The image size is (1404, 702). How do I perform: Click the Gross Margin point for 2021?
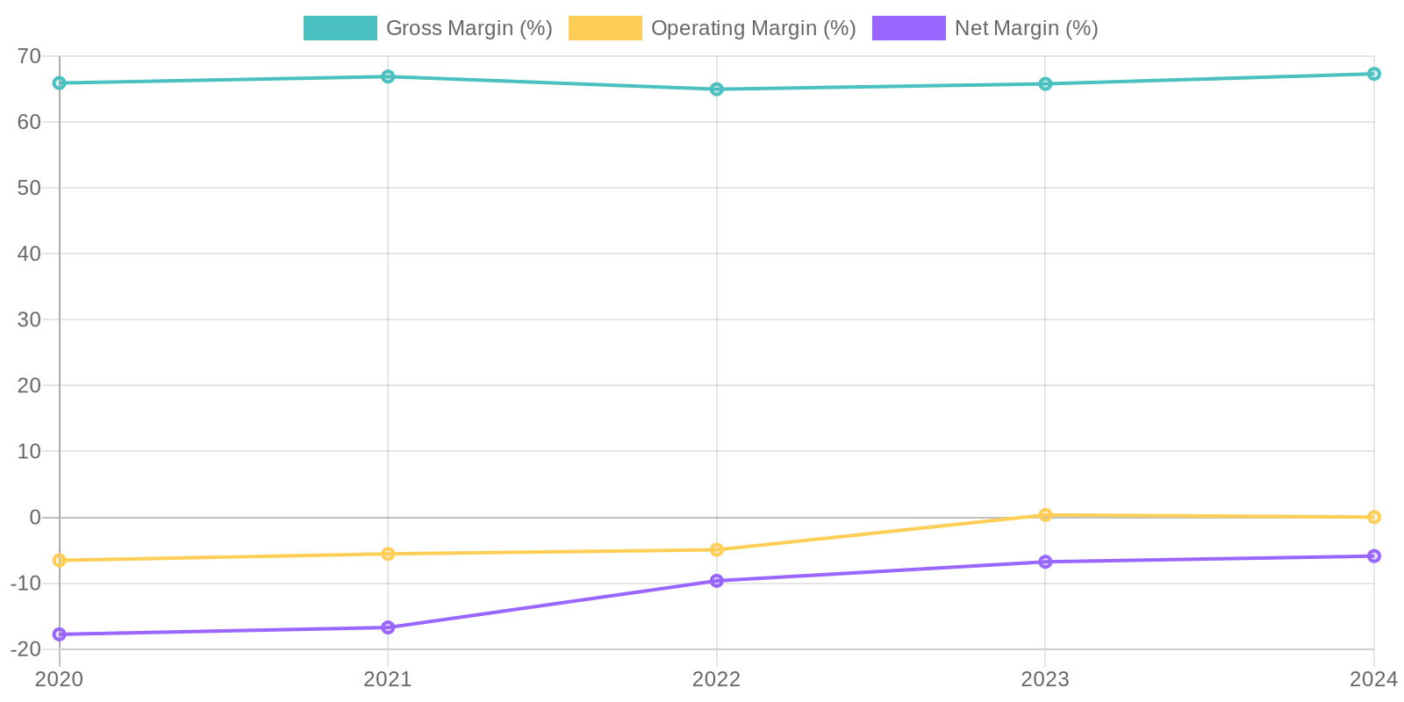(388, 76)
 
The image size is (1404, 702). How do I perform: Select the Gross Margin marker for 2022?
(717, 89)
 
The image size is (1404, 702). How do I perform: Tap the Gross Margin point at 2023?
(1045, 84)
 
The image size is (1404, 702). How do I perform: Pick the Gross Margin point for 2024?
(1374, 74)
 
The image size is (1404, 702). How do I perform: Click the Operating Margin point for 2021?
(388, 554)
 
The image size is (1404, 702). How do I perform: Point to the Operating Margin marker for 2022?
(717, 549)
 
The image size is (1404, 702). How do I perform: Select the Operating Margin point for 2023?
(1045, 515)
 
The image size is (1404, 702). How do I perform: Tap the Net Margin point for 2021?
(388, 627)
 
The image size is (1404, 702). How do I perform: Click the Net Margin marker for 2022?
(717, 581)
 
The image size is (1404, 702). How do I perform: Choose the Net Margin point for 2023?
(1045, 562)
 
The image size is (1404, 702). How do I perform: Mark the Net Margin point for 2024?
(1374, 555)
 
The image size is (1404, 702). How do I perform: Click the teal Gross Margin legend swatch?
(340, 28)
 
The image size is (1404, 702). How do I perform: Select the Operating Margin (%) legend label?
(753, 28)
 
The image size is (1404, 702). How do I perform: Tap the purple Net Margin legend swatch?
(908, 28)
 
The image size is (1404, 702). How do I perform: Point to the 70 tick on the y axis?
(29, 56)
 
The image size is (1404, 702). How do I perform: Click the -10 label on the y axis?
(26, 583)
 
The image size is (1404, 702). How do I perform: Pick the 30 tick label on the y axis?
(29, 319)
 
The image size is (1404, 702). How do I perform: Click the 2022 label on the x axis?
(717, 679)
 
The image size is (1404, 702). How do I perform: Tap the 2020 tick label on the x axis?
(60, 679)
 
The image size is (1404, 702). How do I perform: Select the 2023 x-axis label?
(1045, 679)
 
